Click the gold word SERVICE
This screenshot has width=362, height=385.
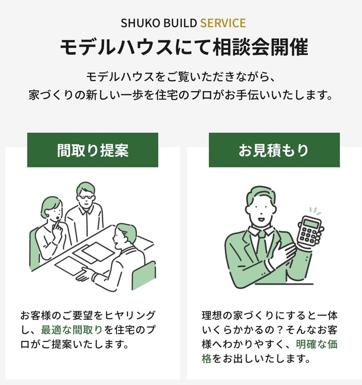(x=223, y=23)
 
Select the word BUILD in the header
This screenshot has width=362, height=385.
(x=180, y=23)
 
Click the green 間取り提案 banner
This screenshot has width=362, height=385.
(x=93, y=150)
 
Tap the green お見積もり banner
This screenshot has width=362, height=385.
(x=274, y=150)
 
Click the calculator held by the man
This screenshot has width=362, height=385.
(x=309, y=230)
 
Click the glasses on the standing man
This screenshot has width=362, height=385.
(x=85, y=198)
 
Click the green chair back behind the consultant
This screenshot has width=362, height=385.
(x=144, y=275)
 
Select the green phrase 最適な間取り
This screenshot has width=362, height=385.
(x=72, y=330)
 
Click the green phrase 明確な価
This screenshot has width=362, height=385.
(x=316, y=344)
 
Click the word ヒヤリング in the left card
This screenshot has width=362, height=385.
(x=130, y=315)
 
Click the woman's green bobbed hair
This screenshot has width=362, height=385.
(x=51, y=205)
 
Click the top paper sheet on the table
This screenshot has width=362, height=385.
(x=98, y=251)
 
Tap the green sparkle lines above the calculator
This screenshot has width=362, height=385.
(x=315, y=211)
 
